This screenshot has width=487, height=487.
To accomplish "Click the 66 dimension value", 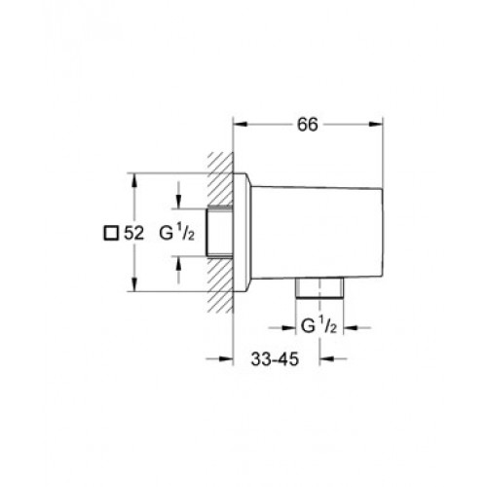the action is coord(308,125).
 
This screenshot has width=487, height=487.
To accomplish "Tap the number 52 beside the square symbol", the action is coord(133,233).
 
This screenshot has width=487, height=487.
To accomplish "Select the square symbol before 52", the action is coord(111,233).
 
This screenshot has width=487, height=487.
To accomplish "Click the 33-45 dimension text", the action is coord(275,359).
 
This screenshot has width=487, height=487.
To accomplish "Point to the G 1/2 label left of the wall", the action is coord(177,233).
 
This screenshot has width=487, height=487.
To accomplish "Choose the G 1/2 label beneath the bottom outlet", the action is coord(318,326).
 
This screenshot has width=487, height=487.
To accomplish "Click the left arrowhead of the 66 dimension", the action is coord(241,125).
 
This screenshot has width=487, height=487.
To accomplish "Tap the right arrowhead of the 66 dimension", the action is coord(376,125).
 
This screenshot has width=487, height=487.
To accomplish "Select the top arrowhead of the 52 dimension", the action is coord(134,180).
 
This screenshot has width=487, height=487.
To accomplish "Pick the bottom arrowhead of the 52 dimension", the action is coord(134,284).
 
